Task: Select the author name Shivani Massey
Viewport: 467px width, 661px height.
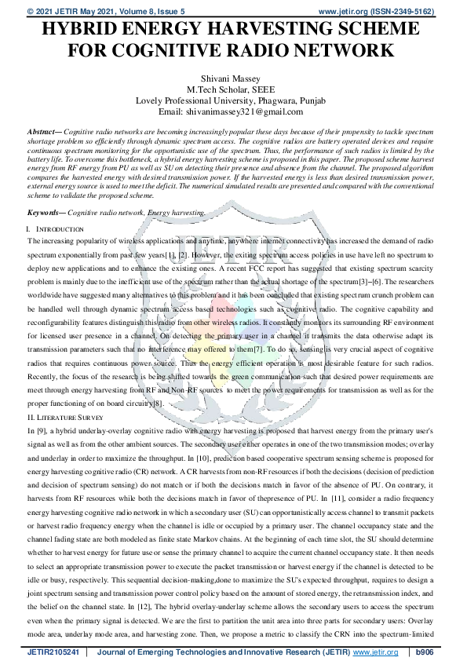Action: [233, 77]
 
